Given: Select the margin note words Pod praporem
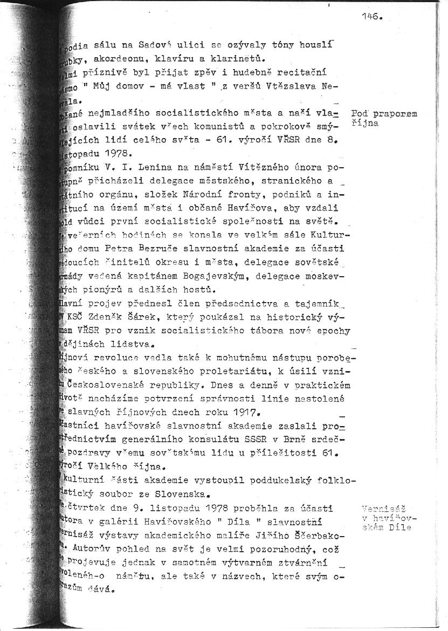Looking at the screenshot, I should [384, 114].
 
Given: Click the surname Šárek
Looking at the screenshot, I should [166, 318].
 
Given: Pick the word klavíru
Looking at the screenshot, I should [177, 59].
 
